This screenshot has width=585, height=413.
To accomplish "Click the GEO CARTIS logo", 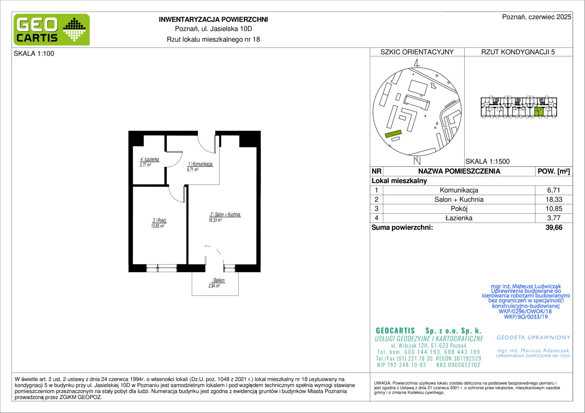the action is pos(52,29).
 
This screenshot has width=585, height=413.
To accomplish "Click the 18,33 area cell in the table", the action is pos(554,199).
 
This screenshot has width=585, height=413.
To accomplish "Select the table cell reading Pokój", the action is pos(459,209).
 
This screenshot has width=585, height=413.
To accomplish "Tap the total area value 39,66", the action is pos(554,227).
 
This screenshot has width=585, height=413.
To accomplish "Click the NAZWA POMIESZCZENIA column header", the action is pos(459,171).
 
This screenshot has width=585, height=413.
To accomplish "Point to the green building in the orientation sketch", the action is pos(393,134).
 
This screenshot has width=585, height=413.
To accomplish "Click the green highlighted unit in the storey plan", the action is pos(539,112).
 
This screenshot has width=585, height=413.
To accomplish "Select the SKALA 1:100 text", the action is pos(34,54).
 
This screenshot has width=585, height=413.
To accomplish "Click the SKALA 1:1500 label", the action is pos(488,161).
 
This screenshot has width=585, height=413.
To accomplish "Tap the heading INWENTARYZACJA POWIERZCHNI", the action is pos(213,20).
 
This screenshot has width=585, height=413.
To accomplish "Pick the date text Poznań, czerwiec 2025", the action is pos(537,17).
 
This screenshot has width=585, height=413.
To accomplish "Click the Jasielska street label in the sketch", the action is pos(450,104).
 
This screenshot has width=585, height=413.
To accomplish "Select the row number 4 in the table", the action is pos(376,218).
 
